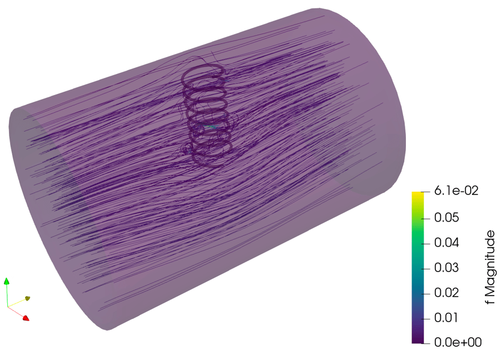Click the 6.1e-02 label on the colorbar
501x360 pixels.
tap(457, 191)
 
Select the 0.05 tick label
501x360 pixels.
tap(447, 218)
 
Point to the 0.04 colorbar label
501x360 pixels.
tap(447, 243)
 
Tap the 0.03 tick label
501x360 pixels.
tap(447, 268)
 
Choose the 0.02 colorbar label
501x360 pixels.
tap(447, 293)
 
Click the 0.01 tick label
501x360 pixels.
tap(447, 318)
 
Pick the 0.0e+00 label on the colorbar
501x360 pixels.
tap(458, 342)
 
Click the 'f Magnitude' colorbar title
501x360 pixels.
tap(490, 267)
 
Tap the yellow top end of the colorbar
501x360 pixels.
tap(418, 194)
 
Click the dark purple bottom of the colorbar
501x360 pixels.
tap(418, 340)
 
